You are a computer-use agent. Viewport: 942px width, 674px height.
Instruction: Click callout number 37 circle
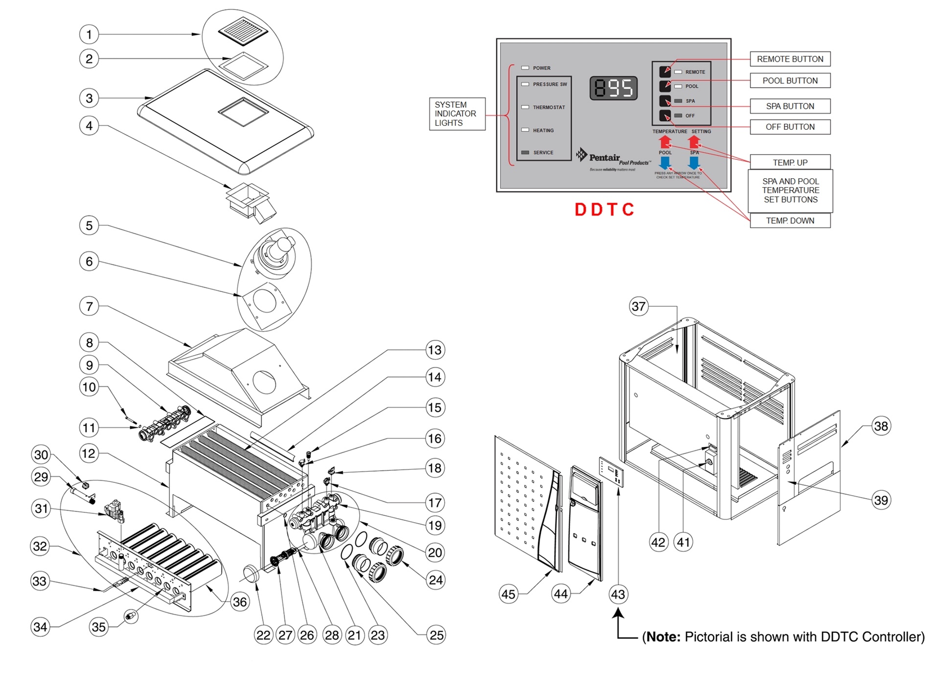tap(638, 307)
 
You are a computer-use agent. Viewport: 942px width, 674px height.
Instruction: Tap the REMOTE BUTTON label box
tap(790, 59)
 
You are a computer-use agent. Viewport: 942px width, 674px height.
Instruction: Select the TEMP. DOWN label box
tap(790, 221)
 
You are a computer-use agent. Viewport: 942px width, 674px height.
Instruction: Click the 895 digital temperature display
tap(614, 89)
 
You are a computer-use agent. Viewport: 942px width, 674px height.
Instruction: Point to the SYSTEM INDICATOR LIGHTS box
tap(457, 114)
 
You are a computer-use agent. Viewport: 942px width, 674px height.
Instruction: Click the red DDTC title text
tap(604, 210)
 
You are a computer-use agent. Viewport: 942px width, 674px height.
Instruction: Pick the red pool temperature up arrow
tap(665, 142)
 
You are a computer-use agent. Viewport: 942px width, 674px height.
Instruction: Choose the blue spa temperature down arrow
tap(694, 163)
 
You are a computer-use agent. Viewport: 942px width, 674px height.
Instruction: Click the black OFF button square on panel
tap(665, 116)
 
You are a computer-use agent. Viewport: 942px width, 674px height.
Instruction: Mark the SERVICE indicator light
tap(526, 153)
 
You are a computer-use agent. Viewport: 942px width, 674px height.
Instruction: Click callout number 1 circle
tap(89, 34)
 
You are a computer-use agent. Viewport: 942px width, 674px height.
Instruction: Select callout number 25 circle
tap(436, 635)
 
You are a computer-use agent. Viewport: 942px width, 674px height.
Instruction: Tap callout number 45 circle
tap(508, 594)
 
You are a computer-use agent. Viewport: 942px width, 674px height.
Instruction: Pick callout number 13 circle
tap(435, 350)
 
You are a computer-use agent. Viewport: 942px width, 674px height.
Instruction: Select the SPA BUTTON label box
tap(790, 106)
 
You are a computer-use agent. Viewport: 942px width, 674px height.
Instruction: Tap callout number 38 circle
tap(881, 426)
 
